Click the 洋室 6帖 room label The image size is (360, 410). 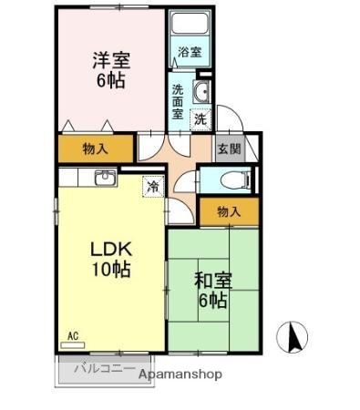click(110, 69)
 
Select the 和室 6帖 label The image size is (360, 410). click(211, 286)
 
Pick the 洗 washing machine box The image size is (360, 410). click(200, 118)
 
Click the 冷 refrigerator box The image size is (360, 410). click(153, 186)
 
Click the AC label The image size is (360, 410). click(72, 336)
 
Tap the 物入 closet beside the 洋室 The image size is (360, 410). click(95, 149)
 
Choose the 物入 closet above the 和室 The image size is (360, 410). click(229, 211)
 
